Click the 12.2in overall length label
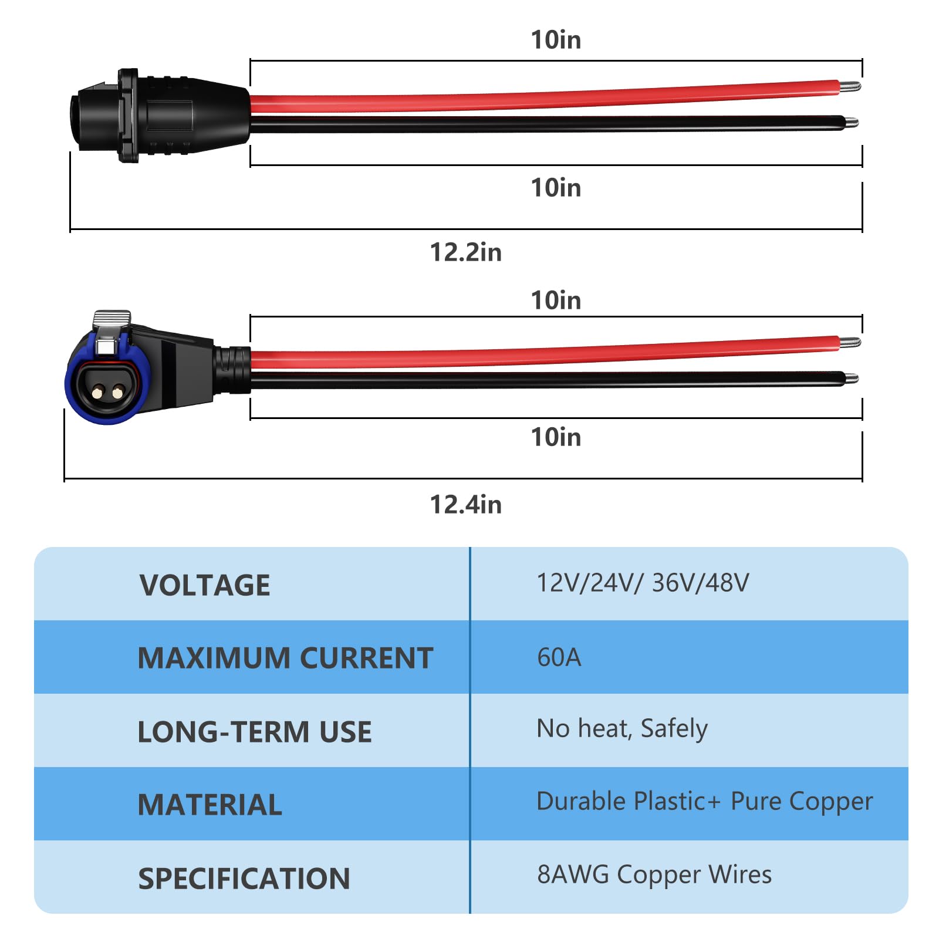point(465,252)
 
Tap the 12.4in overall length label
point(465,505)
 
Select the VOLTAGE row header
point(205,585)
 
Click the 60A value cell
point(559,657)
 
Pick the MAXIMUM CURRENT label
point(285,658)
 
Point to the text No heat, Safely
point(622,729)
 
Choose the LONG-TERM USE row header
point(255,732)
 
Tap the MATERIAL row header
point(210,805)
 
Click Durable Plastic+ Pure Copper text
point(704,802)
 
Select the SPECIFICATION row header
point(244,879)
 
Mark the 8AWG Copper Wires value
point(654,874)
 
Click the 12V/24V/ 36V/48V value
point(643,583)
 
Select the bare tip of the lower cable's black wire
point(851,379)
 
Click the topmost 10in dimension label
point(556,40)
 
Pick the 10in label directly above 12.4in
point(556,437)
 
